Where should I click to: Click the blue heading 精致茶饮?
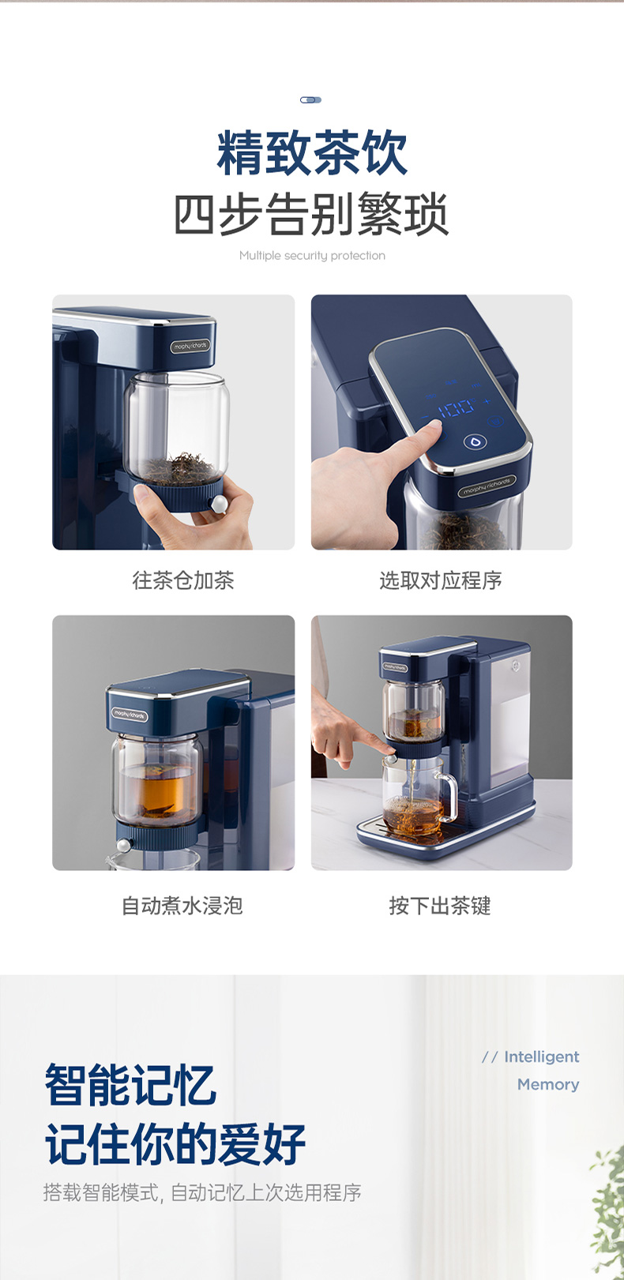312,152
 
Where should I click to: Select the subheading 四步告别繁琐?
311,214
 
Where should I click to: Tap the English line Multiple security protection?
312,255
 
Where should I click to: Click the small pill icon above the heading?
311,100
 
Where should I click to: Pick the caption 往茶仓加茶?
183,580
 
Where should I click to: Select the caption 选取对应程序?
441,580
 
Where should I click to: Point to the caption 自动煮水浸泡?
182,906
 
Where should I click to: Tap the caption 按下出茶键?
440,906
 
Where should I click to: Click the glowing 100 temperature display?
456,408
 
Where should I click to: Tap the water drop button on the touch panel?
474,441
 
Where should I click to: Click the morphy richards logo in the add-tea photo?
190,347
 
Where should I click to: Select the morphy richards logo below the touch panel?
487,487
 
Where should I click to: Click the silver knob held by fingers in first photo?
219,504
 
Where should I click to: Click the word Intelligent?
542,1057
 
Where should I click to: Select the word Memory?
548,1084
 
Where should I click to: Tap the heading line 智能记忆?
130,1085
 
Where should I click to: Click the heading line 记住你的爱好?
175,1144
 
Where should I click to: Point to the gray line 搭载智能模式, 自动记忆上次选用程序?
202,1192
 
